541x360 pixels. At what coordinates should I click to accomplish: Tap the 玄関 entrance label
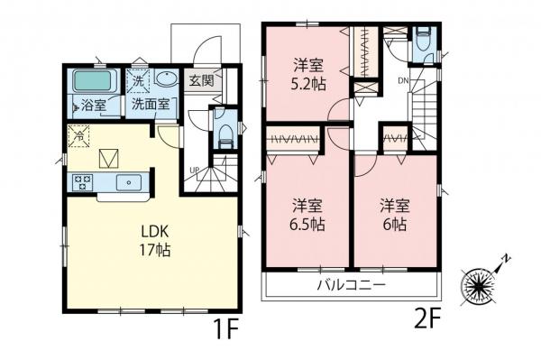pos(201,81)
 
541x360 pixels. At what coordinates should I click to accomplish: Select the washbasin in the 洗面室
pos(166,78)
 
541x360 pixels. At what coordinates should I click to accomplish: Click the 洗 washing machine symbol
pos(138,82)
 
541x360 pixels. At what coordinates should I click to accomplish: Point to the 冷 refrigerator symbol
pos(79,136)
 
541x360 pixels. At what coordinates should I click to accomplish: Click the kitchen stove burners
pos(83,182)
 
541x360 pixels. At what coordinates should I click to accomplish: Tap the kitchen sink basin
pos(129,182)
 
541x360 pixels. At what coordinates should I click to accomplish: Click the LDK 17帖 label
pos(154,241)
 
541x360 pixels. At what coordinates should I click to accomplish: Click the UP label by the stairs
pos(194,170)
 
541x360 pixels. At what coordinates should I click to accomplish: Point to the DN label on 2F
pos(403,81)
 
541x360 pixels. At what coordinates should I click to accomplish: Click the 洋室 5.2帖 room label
pos(308,75)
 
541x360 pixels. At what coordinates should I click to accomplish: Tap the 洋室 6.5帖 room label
pos(307,215)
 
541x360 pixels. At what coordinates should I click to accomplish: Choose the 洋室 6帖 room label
pos(395,215)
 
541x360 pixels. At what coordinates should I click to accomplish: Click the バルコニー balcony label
pos(352,285)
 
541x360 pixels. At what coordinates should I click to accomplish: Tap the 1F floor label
pos(225,328)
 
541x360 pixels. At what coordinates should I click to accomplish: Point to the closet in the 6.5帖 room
pos(294,140)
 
